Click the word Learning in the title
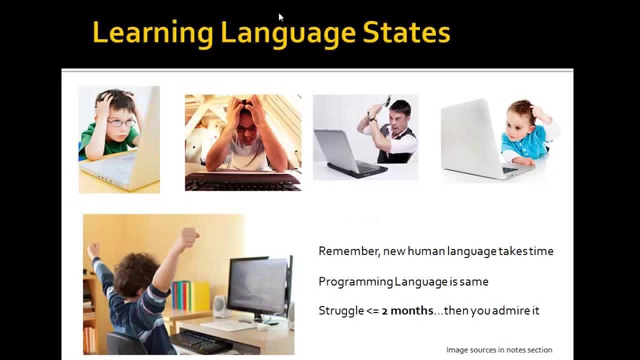coord(152,33)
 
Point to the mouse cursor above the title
coord(281,17)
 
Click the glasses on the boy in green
coord(121,122)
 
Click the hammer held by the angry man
coord(386,101)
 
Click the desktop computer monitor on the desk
coord(258,287)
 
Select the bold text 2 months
coord(407,310)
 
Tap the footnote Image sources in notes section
coord(499,350)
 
